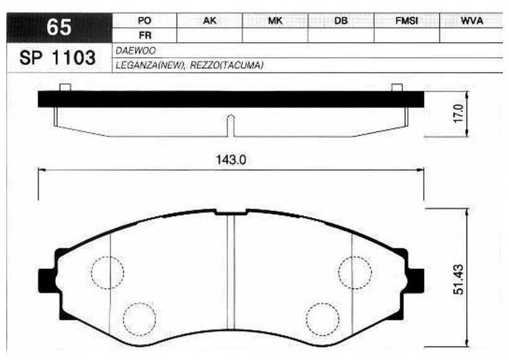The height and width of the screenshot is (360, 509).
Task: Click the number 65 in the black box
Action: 59,27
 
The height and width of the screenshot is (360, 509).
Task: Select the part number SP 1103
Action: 58,58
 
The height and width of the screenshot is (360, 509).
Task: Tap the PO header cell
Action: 145,20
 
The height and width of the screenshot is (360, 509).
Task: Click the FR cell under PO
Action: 145,35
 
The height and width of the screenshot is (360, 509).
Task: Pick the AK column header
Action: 210,20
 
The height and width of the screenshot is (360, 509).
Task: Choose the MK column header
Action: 275,20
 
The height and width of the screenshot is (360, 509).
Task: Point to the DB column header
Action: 341,20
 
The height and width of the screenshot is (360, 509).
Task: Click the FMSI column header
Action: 407,20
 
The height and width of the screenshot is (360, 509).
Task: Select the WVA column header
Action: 472,20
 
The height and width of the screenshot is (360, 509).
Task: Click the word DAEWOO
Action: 136,51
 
